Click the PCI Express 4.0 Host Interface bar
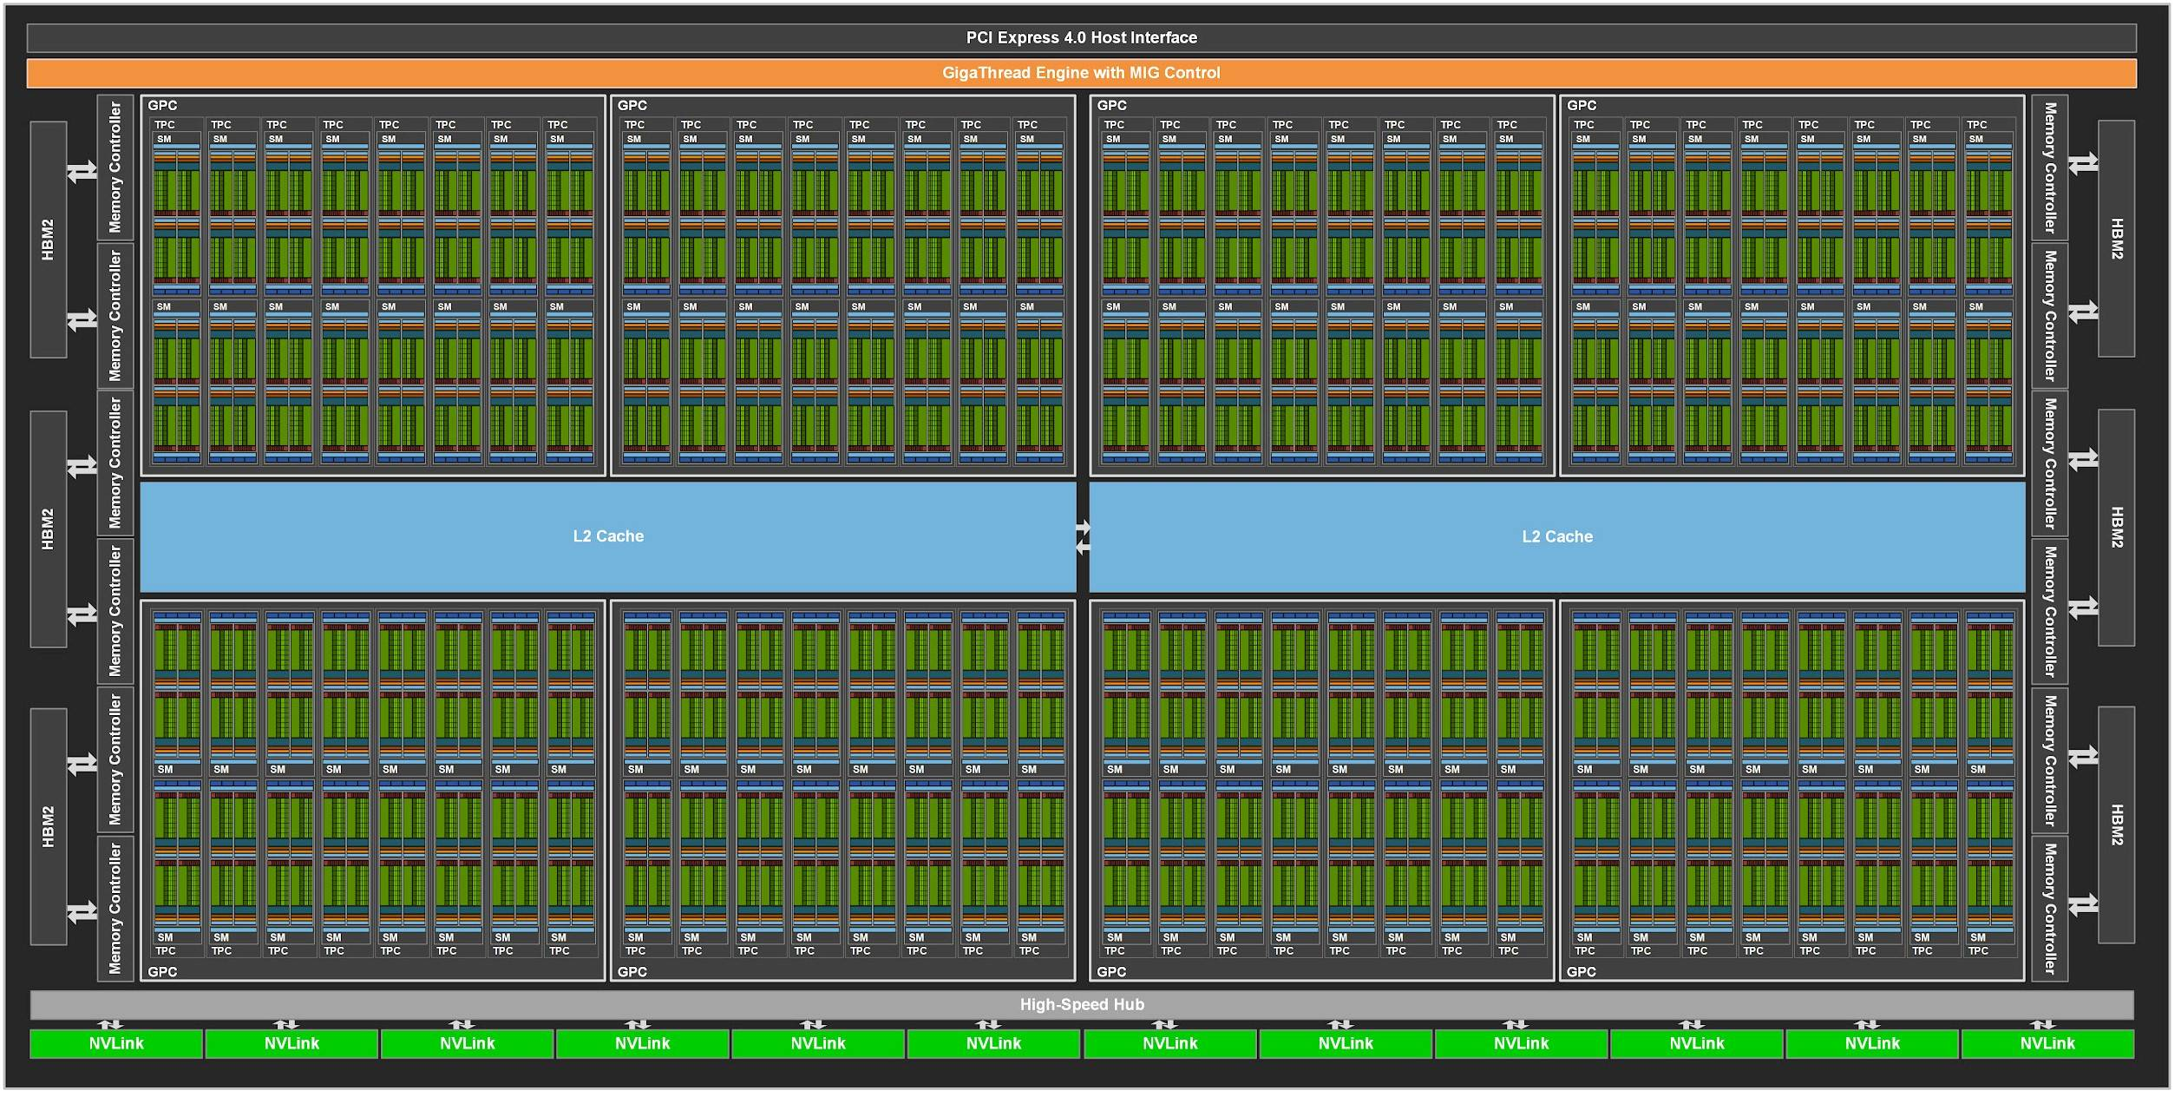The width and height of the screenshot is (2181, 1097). click(1081, 37)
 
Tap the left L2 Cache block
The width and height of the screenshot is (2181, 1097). click(608, 536)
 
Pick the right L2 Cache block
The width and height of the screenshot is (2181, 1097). click(1557, 536)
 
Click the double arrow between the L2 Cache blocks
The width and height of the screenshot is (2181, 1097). click(1083, 537)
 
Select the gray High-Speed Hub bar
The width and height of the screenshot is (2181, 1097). click(1082, 1004)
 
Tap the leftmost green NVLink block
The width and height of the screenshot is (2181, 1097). click(116, 1043)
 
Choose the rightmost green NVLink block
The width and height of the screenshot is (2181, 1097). click(2047, 1043)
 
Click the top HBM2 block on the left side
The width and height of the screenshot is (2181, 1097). click(49, 240)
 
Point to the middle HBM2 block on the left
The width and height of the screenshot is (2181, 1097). click(49, 529)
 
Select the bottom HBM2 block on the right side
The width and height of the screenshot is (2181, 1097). click(2117, 824)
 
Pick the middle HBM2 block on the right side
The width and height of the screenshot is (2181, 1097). click(2117, 528)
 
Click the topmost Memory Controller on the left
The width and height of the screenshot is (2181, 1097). click(115, 168)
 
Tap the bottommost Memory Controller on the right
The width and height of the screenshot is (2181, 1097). click(2050, 909)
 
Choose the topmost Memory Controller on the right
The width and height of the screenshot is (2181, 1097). click(2050, 168)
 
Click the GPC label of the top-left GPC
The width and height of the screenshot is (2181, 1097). click(162, 105)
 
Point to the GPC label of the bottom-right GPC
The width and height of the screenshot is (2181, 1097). click(1582, 971)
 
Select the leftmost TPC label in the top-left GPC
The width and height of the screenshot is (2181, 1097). click(165, 125)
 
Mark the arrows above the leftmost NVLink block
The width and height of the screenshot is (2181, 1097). click(110, 1025)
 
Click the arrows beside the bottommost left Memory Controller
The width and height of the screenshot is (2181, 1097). click(82, 911)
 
